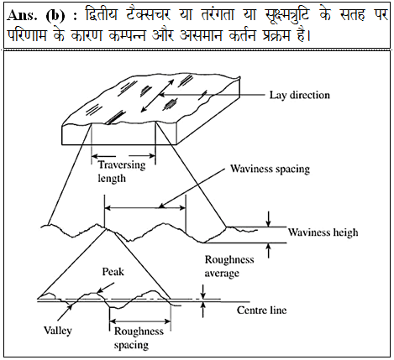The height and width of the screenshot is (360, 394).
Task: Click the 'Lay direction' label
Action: pyautogui.click(x=300, y=96)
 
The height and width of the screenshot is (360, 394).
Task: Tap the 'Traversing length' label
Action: pyautogui.click(x=122, y=172)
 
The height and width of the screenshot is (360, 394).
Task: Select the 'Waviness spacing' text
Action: pyautogui.click(x=270, y=170)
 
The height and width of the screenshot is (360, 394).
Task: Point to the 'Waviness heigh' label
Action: pyautogui.click(x=323, y=232)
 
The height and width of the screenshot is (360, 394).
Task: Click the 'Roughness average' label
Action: pyautogui.click(x=229, y=266)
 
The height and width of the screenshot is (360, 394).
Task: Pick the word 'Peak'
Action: pyautogui.click(x=113, y=272)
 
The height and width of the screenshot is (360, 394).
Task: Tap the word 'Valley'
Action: pyautogui.click(x=58, y=331)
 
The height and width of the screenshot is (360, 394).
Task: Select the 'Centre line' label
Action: pyautogui.click(x=261, y=310)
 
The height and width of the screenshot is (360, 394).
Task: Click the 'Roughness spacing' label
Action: pyautogui.click(x=139, y=338)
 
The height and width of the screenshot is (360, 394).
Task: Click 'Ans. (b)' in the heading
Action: pyautogui.click(x=36, y=16)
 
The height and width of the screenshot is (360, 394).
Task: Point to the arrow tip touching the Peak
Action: pyautogui.click(x=97, y=293)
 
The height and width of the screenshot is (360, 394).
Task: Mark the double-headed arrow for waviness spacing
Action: pyautogui.click(x=144, y=208)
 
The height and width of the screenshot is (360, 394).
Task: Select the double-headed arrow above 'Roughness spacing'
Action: pyautogui.click(x=140, y=321)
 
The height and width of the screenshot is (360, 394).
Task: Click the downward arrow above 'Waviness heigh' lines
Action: pyautogui.click(x=268, y=219)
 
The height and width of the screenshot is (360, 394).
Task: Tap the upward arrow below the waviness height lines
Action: pyautogui.click(x=268, y=250)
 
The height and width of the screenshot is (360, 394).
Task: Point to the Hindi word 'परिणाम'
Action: pyautogui.click(x=27, y=35)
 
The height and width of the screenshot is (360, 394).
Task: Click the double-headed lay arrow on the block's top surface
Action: pyautogui.click(x=157, y=96)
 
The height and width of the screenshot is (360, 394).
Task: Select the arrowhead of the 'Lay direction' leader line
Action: pyautogui.click(x=161, y=95)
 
